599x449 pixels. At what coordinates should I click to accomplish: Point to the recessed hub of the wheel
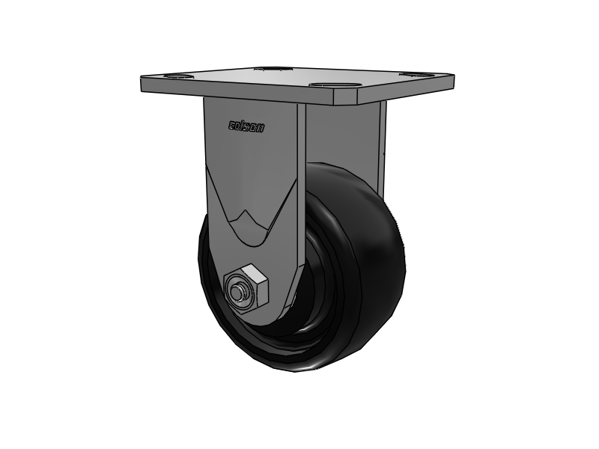[x=314, y=299]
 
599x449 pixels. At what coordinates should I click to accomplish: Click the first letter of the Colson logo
[x=231, y=126]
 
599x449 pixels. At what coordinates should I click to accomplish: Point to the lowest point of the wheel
[x=299, y=372]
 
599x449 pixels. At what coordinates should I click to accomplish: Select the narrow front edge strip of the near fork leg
[x=301, y=187]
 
